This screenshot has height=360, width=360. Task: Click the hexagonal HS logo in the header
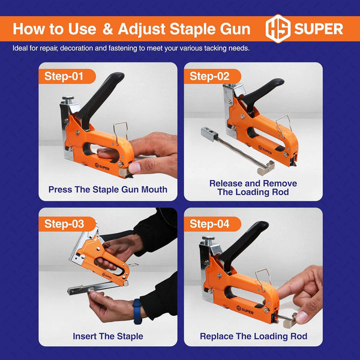pos(278,29)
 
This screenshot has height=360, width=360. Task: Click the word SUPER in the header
pos(319,29)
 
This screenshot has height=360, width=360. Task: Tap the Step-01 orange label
pos(67,76)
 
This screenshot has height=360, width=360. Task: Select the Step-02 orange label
pos(212,76)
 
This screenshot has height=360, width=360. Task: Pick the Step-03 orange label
pos(67,224)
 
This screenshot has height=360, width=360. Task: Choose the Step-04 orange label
pos(212,224)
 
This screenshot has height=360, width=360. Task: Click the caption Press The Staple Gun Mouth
pos(107,190)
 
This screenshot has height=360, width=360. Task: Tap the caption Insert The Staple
pos(108,337)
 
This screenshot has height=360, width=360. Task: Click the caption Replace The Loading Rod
pos(253,337)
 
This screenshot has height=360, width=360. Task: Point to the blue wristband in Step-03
pos(137,311)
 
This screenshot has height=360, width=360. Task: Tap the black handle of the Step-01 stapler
pos(100,99)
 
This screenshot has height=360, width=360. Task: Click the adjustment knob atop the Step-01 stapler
pos(68,100)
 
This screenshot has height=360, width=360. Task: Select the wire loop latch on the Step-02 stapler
pos(283,126)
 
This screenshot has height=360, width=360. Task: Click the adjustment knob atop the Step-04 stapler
pos(208,240)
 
